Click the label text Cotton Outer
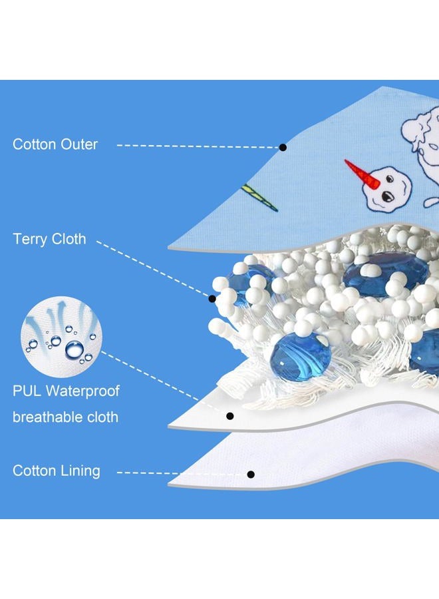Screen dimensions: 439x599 pyautogui.click(x=55, y=144)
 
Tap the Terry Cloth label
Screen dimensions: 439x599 pyautogui.click(x=49, y=239)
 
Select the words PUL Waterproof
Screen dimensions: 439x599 pyautogui.click(x=66, y=391)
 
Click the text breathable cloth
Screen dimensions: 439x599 pyautogui.click(x=65, y=417)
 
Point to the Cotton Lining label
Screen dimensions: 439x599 pyautogui.click(x=56, y=471)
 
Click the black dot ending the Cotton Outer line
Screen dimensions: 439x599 pyautogui.click(x=283, y=147)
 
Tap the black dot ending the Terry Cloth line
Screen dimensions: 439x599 pyautogui.click(x=212, y=298)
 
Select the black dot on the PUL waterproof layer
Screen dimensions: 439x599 pyautogui.click(x=229, y=415)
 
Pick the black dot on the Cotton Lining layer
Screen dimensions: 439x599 pyautogui.click(x=251, y=475)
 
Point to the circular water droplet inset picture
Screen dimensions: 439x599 pyautogui.click(x=61, y=337)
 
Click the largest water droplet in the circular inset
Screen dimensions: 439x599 pyautogui.click(x=74, y=349)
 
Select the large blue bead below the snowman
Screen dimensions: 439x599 pyautogui.click(x=386, y=270)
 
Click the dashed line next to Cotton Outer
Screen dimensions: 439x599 pyautogui.click(x=198, y=146)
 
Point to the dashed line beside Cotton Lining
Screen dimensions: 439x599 pyautogui.click(x=182, y=473)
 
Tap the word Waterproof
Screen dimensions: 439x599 pyautogui.click(x=82, y=391)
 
